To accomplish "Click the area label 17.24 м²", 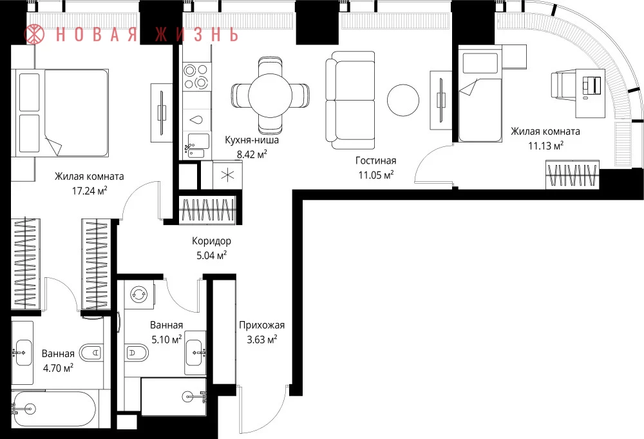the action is pyautogui.click(x=90, y=191).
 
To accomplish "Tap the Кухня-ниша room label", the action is pyautogui.click(x=252, y=140).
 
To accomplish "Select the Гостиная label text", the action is pyautogui.click(x=376, y=161).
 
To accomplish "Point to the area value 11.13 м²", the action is pyautogui.click(x=545, y=146).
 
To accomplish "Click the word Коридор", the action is pyautogui.click(x=211, y=241).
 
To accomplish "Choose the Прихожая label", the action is pyautogui.click(x=262, y=326).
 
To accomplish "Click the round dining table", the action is pyautogui.click(x=270, y=95).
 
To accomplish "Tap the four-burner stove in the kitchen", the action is pyautogui.click(x=196, y=77).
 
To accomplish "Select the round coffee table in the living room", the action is pyautogui.click(x=403, y=101).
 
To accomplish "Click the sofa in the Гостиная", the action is pyautogui.click(x=350, y=100).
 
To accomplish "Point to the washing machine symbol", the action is pyautogui.click(x=138, y=295).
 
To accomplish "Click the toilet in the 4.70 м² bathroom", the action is pyautogui.click(x=91, y=353).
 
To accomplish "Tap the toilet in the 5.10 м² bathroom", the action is pyautogui.click(x=137, y=352).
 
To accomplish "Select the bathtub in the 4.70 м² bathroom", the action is pyautogui.click(x=53, y=409).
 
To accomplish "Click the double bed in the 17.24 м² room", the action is pyautogui.click(x=62, y=113).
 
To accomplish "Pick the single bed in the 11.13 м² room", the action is pyautogui.click(x=480, y=93).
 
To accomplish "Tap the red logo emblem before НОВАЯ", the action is pyautogui.click(x=34, y=34).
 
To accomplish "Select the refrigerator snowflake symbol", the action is pyautogui.click(x=227, y=175).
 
